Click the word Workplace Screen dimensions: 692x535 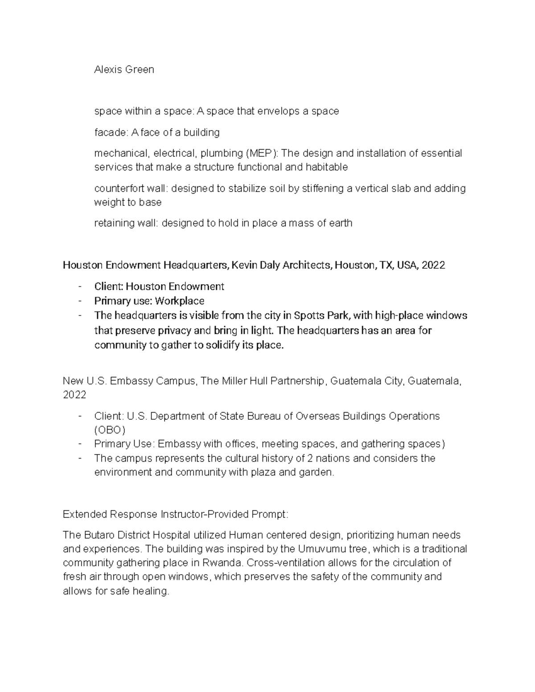pyautogui.click(x=180, y=301)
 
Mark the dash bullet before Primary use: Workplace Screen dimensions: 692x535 pyautogui.click(x=79, y=301)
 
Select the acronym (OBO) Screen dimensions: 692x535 pyautogui.click(x=110, y=430)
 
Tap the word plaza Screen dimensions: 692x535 pyautogui.click(x=259, y=473)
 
